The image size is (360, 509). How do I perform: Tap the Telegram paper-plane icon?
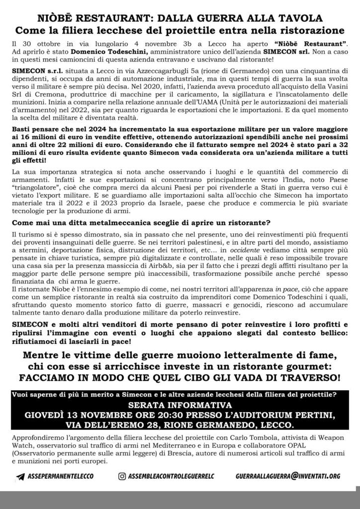point(20,476)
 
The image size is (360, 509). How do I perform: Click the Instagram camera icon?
point(122,476)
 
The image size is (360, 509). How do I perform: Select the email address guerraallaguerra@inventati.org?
point(288,476)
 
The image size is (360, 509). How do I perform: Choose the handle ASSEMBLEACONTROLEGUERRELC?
point(174,476)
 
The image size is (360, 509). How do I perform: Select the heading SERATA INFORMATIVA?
point(180,405)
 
